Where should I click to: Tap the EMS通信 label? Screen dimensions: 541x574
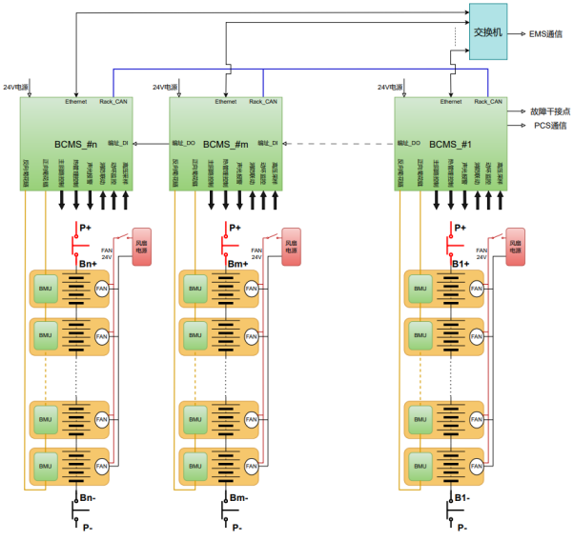coord(545,33)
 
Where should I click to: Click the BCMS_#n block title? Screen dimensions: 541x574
coord(77,144)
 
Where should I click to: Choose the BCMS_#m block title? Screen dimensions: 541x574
coord(226,144)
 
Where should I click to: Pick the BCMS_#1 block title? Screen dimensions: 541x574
coord(450,144)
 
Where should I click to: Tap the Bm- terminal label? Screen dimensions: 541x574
coord(239,497)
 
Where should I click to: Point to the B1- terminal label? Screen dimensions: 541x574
coord(461,497)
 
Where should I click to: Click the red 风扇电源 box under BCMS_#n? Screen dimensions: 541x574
coord(142,247)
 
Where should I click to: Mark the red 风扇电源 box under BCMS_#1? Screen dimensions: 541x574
coord(515,247)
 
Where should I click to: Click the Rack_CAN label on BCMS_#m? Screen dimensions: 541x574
coord(262,101)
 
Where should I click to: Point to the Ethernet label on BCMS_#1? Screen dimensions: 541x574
coord(451,101)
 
